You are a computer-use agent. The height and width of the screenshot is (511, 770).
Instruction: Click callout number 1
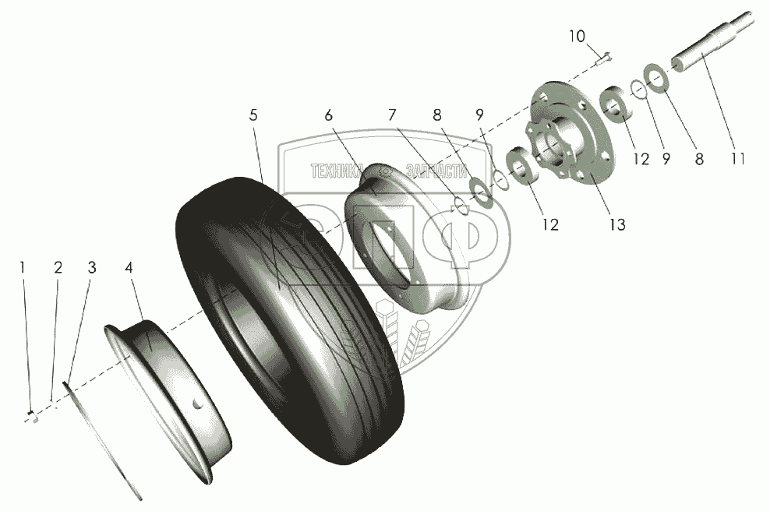pos(23,268)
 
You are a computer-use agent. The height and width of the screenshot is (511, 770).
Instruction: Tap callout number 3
pos(58,268)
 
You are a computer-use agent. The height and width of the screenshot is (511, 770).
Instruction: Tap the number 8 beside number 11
pos(699,158)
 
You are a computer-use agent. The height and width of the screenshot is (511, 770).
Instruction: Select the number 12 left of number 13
pos(551,225)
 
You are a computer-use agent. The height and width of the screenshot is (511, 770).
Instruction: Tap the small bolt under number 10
pos(605,56)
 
